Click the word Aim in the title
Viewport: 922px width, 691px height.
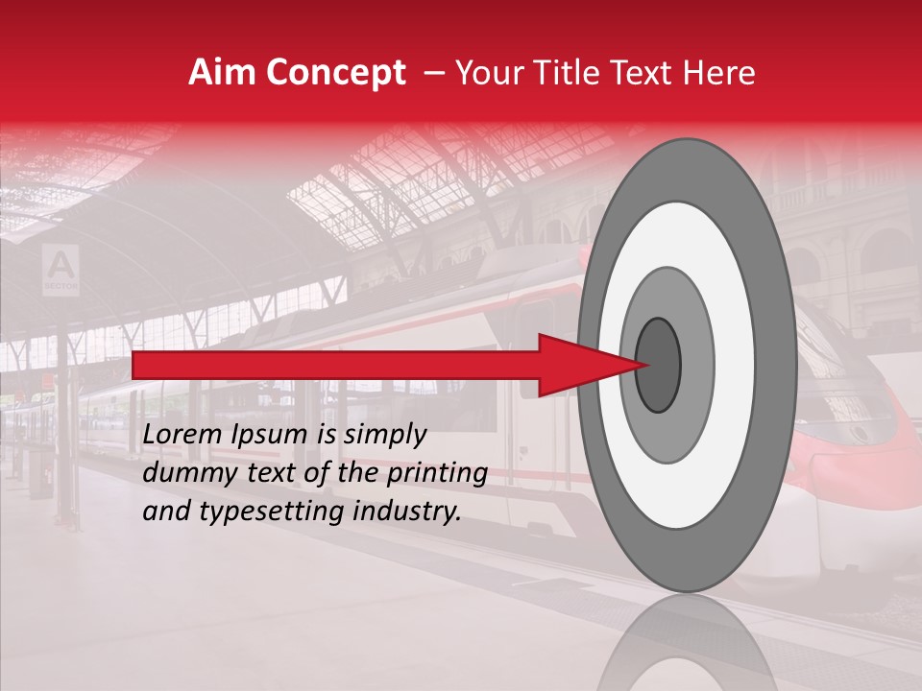[x=223, y=74]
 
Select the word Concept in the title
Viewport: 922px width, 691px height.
[x=335, y=74]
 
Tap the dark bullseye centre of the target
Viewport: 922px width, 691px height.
[x=659, y=365]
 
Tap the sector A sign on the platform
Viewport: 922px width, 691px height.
[x=61, y=267]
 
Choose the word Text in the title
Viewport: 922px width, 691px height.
[x=652, y=74]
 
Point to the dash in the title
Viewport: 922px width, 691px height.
[x=433, y=74]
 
